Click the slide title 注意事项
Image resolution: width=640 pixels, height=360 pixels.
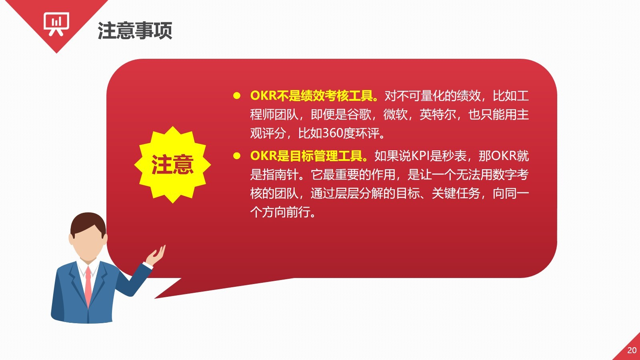click(135, 30)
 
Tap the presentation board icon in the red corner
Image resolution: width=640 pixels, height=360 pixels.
click(56, 24)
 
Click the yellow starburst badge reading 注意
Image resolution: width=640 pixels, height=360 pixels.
click(172, 165)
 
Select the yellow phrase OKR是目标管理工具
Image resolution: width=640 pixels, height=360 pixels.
click(308, 156)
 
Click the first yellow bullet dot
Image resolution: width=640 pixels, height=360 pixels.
click(236, 96)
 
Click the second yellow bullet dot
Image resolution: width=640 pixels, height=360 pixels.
click(236, 156)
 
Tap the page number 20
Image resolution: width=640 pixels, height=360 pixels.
click(632, 350)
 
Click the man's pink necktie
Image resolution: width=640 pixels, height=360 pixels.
click(88, 286)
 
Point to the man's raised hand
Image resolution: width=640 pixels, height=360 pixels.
click(156, 256)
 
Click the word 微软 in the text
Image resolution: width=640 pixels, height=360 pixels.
click(395, 114)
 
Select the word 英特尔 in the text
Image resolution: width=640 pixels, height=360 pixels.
click(438, 114)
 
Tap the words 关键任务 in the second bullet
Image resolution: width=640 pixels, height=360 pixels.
click(456, 194)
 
